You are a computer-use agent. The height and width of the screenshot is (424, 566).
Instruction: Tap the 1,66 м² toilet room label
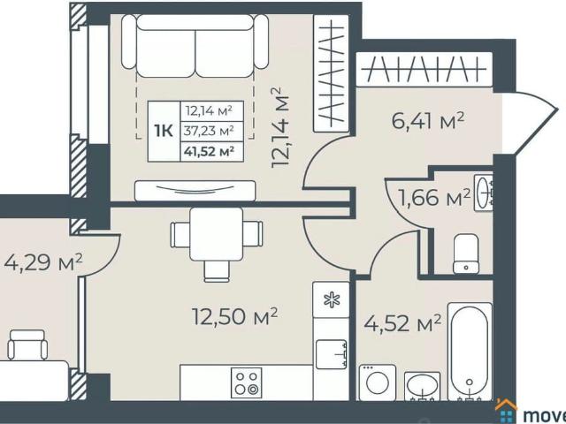[433, 199]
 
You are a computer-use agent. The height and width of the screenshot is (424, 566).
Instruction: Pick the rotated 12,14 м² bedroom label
[282, 127]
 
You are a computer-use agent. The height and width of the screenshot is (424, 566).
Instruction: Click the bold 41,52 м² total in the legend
[209, 151]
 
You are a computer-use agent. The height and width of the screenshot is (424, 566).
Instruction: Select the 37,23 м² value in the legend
[209, 131]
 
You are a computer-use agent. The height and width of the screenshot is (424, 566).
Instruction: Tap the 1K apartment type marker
[164, 131]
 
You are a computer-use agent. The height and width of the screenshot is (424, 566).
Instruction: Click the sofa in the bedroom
[195, 49]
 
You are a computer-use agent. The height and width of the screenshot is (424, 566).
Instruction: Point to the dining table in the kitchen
[217, 234]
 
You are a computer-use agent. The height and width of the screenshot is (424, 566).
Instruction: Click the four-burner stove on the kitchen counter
[245, 381]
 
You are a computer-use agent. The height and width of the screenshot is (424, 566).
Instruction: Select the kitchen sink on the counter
[332, 353]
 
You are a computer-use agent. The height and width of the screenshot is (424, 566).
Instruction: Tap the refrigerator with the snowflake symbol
[332, 300]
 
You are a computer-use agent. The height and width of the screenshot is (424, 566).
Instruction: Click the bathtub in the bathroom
[470, 350]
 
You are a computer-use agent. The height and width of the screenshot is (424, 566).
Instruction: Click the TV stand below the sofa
[195, 189]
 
